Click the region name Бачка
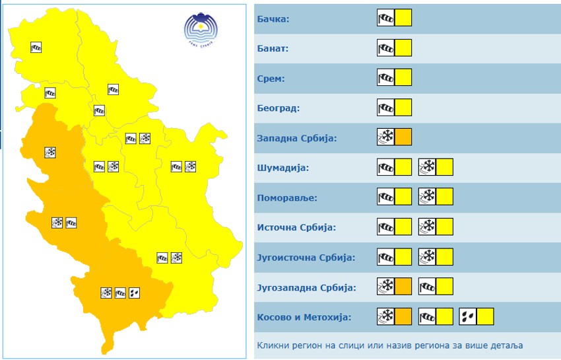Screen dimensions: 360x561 click(x=273, y=19)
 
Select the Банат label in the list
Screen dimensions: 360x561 click(x=273, y=49)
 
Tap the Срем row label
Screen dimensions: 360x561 click(x=271, y=79)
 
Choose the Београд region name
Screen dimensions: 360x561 click(x=276, y=108)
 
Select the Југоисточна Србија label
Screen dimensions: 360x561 click(x=306, y=257)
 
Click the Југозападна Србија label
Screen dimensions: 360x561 click(x=306, y=287)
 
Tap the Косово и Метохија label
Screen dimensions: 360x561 click(x=304, y=317)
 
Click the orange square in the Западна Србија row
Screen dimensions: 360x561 click(x=403, y=137)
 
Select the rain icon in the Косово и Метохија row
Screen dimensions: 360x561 click(x=468, y=317)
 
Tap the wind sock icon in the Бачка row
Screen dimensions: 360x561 click(x=385, y=18)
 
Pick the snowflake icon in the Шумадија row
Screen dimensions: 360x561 click(x=427, y=167)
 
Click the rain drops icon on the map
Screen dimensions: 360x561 click(x=135, y=292)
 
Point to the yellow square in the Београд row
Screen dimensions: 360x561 click(x=403, y=108)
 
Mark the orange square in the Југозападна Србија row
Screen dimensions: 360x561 click(x=403, y=287)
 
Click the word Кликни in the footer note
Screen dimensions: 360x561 click(x=273, y=345)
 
